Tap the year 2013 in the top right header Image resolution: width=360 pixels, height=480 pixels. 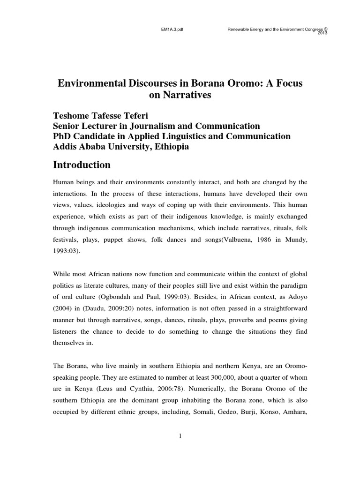323,33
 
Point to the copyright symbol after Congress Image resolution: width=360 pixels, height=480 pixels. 325,28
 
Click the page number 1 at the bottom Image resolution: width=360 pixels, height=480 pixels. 180,436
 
